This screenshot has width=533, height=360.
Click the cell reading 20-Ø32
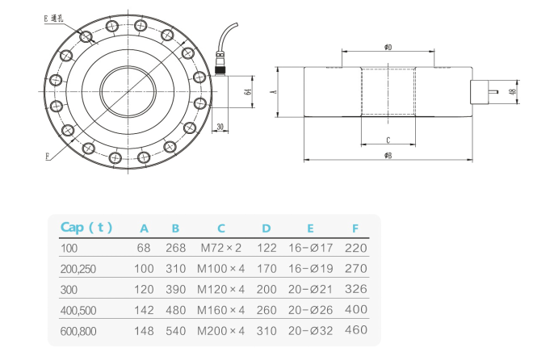coord(309,329)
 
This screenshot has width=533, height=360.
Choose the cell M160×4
coord(220,309)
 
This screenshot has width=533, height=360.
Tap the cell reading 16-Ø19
coord(309,268)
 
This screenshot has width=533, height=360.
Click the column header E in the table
coord(309,227)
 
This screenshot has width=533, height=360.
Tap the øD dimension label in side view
coord(388,48)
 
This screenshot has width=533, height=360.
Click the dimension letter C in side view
coord(388,138)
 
